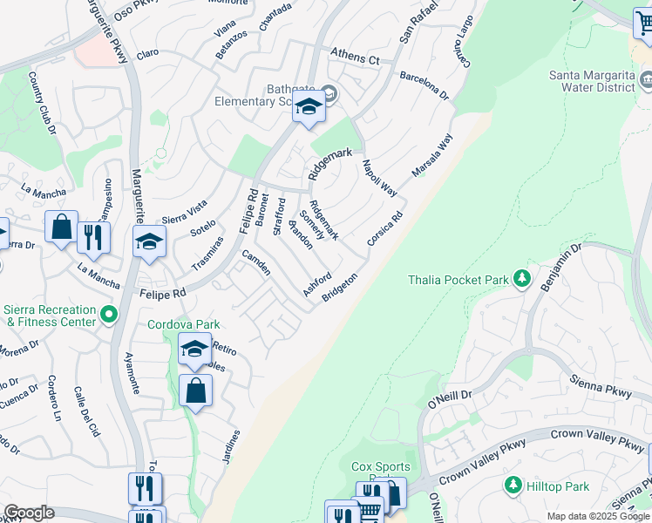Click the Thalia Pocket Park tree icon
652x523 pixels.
click(x=522, y=279)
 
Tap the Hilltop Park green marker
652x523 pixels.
click(x=513, y=485)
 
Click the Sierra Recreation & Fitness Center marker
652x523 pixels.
click(x=108, y=314)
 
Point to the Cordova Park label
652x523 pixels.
click(x=183, y=324)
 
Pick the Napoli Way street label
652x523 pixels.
click(x=380, y=179)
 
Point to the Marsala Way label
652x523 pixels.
click(x=432, y=154)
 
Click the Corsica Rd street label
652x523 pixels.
click(x=385, y=228)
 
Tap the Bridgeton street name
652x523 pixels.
click(x=340, y=288)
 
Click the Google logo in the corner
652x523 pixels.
click(x=29, y=513)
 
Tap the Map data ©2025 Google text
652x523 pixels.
click(x=597, y=516)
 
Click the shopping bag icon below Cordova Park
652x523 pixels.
click(x=195, y=392)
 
